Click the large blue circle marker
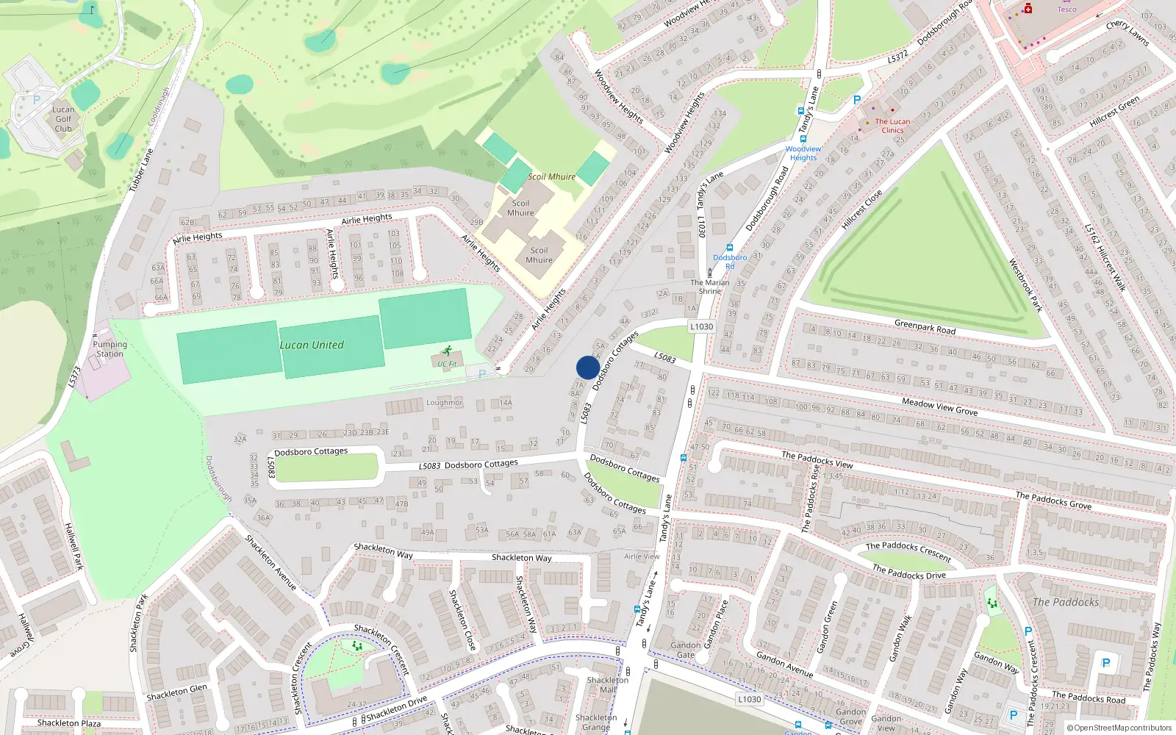click(x=588, y=367)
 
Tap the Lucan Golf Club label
click(x=63, y=119)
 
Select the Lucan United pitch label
click(x=312, y=345)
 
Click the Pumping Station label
click(x=110, y=349)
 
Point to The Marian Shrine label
click(x=710, y=287)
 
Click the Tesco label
click(x=1066, y=9)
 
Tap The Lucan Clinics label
click(x=892, y=126)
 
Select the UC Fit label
click(x=447, y=364)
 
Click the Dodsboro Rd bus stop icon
click(x=730, y=248)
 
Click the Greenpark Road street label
click(x=925, y=327)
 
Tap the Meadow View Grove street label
click(x=939, y=406)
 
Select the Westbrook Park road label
click(x=1025, y=285)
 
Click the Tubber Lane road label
click(x=141, y=171)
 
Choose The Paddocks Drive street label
click(x=908, y=572)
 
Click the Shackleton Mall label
click(x=607, y=685)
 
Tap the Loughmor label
click(x=444, y=403)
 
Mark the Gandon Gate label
click(x=685, y=650)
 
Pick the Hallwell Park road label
click(x=74, y=546)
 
